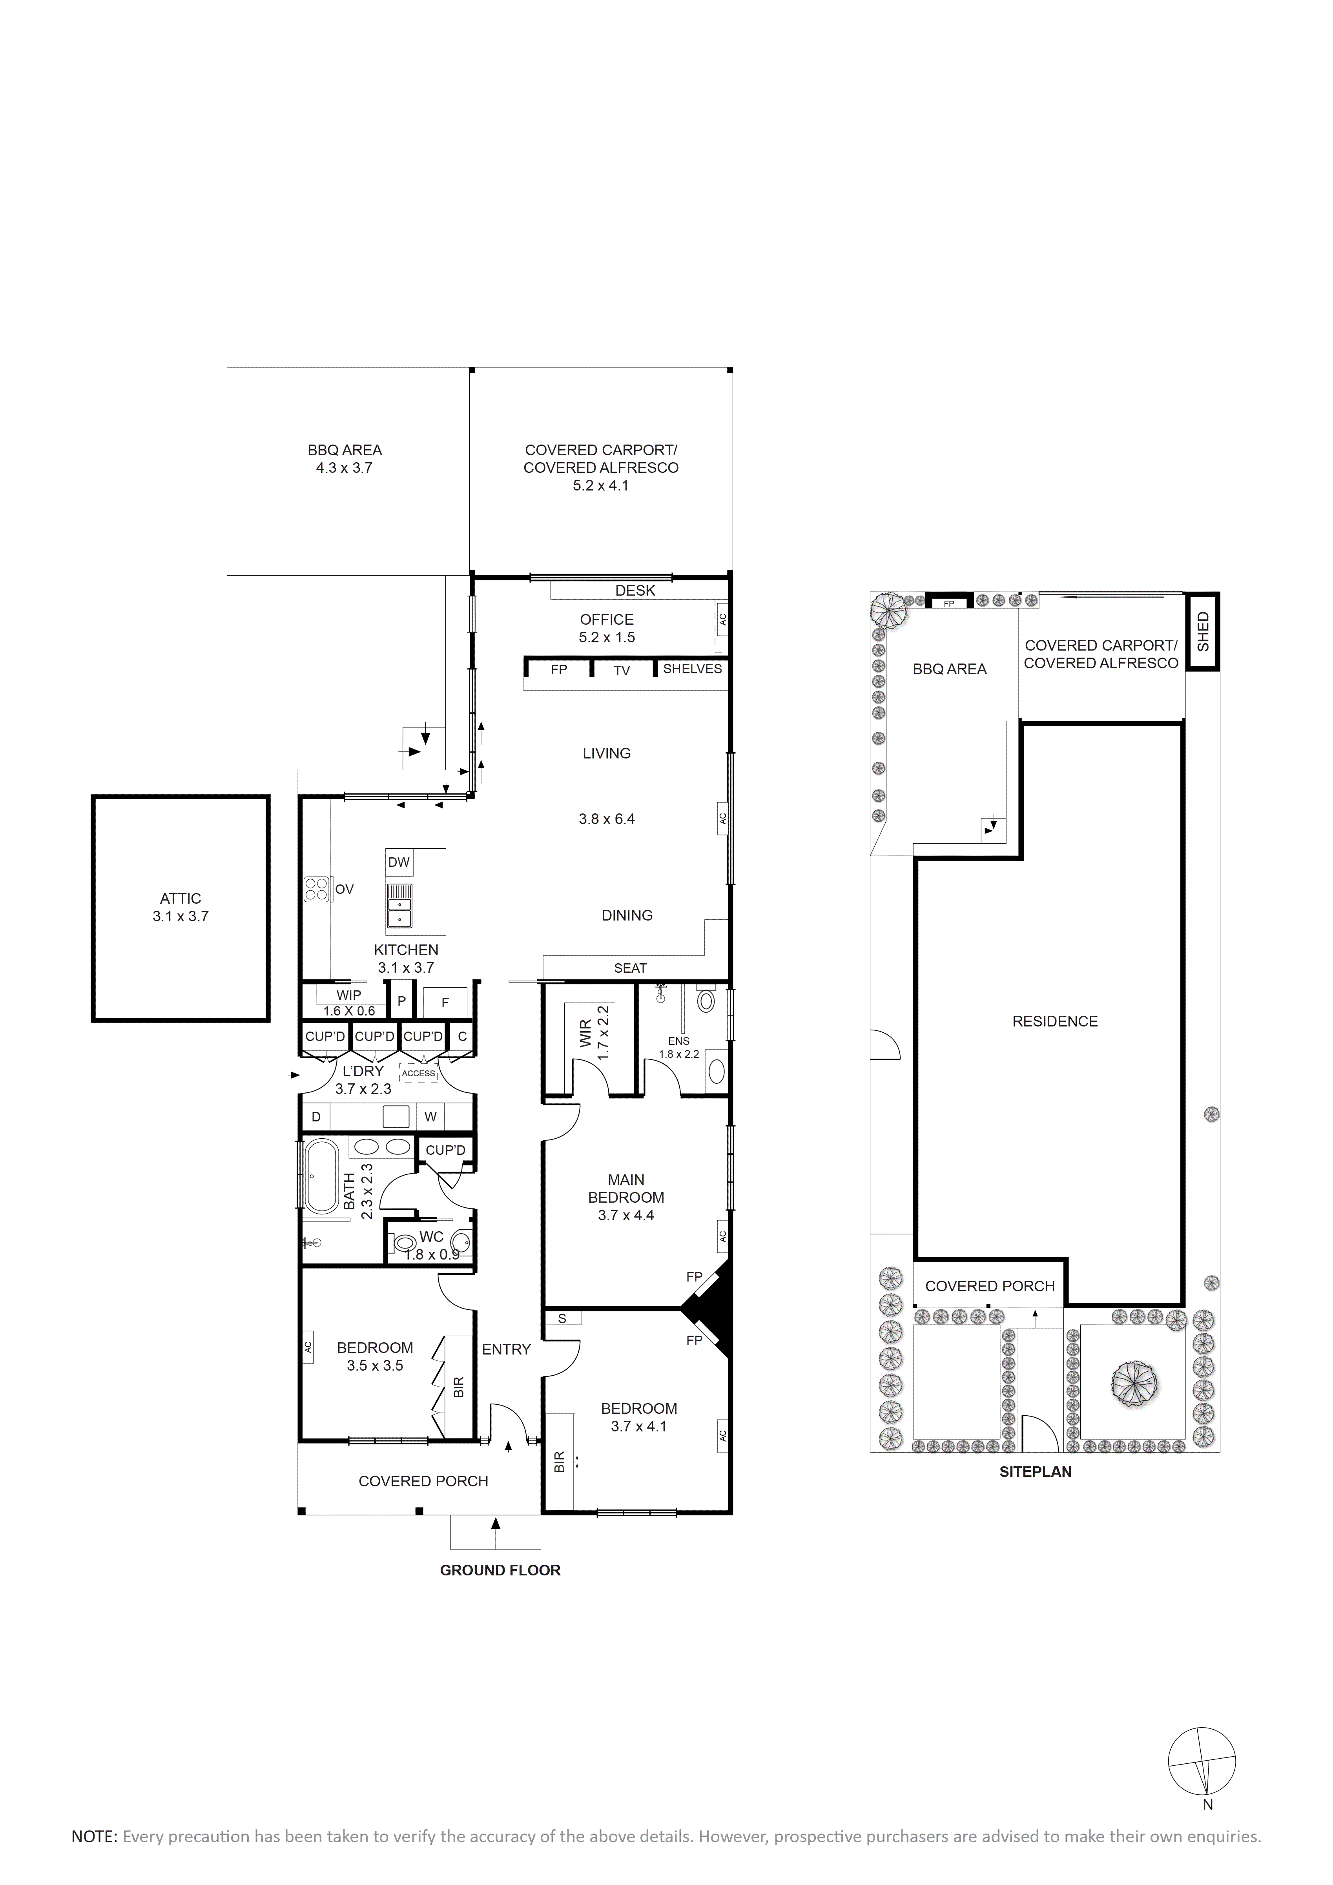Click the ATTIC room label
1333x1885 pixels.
[181, 898]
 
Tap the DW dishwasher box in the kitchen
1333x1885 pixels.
[399, 862]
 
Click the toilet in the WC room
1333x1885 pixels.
[405, 1245]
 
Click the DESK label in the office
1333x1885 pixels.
[635, 590]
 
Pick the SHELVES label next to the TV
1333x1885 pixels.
[692, 669]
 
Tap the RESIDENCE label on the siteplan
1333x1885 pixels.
[1055, 1021]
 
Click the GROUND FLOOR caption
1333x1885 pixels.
[500, 1571]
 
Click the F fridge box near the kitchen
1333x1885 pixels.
[445, 1003]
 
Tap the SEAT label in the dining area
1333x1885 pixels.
[630, 968]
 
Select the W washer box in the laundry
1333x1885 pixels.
[430, 1117]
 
